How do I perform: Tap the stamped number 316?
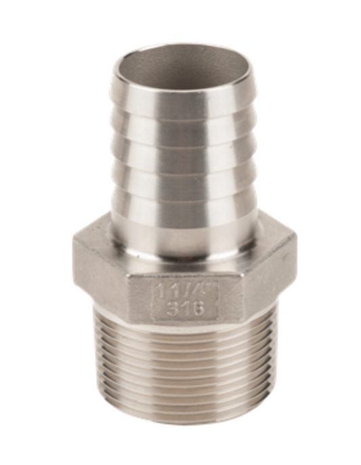(x=184, y=308)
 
